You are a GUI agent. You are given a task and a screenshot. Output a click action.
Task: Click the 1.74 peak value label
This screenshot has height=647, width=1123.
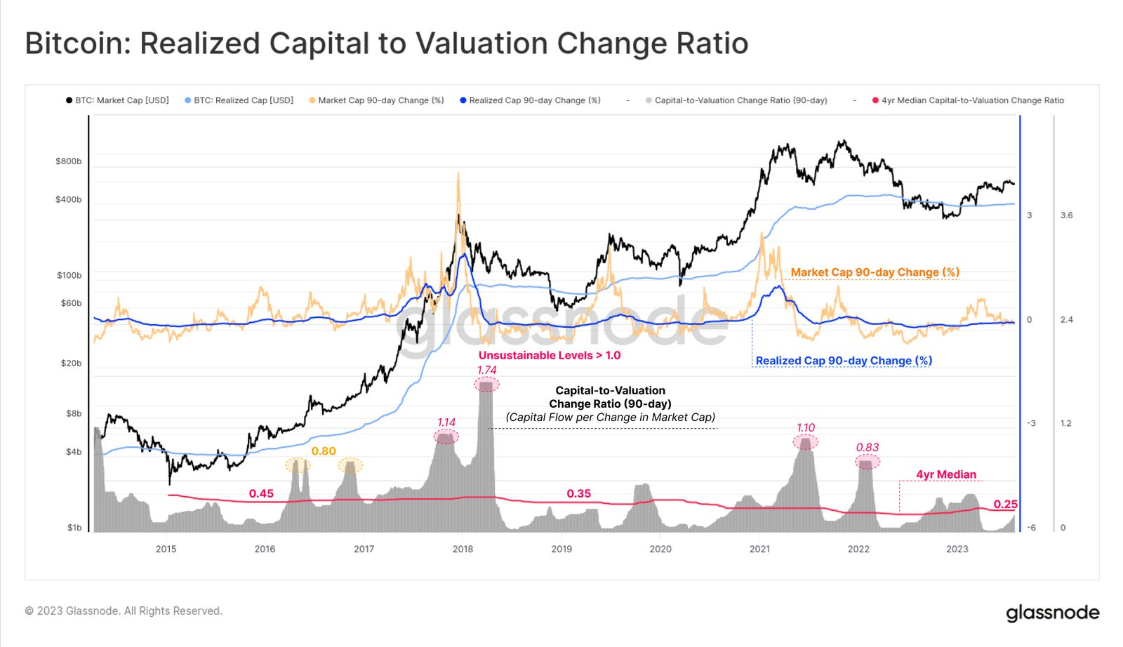[x=486, y=370]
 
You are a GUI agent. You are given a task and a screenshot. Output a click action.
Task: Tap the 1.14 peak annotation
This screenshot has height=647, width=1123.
[x=446, y=422]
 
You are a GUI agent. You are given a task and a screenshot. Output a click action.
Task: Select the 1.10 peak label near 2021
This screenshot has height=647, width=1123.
[x=806, y=427]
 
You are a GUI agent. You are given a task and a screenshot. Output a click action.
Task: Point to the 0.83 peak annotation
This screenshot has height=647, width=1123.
[x=868, y=447]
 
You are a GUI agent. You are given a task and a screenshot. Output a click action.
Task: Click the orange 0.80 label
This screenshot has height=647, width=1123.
[x=324, y=451]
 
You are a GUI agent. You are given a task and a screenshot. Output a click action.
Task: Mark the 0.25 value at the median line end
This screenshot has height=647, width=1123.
[x=1005, y=505]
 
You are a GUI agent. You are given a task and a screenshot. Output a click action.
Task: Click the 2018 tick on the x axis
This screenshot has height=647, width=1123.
[x=463, y=549]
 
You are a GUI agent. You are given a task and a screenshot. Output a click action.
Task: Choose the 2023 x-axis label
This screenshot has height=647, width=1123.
[x=957, y=549]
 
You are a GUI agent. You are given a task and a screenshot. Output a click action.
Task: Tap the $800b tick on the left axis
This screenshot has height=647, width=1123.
[x=69, y=161]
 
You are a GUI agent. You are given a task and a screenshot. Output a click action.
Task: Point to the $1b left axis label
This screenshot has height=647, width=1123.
[x=74, y=528]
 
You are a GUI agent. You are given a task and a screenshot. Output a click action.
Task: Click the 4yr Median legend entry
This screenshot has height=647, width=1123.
[x=973, y=100]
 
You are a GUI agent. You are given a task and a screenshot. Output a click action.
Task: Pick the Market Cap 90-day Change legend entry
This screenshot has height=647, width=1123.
[x=381, y=100]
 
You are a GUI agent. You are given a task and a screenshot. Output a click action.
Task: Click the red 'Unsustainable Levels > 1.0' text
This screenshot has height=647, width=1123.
[x=550, y=355]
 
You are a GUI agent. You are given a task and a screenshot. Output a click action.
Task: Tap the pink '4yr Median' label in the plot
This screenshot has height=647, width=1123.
[x=945, y=474]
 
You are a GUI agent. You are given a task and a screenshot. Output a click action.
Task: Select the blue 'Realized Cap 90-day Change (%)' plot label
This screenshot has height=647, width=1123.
[x=844, y=361]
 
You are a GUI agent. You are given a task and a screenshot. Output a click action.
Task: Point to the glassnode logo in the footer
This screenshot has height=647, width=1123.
[x=1052, y=613]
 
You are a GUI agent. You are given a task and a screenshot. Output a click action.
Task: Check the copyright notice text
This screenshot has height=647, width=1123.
[x=124, y=611]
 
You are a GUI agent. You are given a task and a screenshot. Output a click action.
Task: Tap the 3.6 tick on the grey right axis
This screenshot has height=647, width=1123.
[x=1066, y=215]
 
